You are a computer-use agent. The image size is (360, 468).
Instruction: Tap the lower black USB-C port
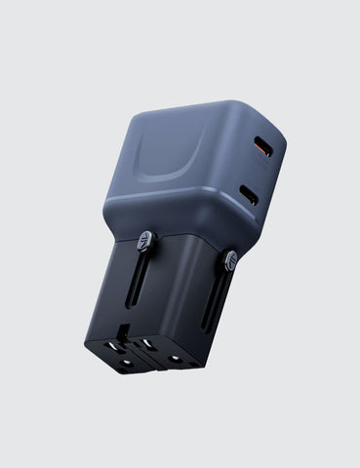coord(251,194)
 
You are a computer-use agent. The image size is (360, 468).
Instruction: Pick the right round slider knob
coord(230,260)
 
